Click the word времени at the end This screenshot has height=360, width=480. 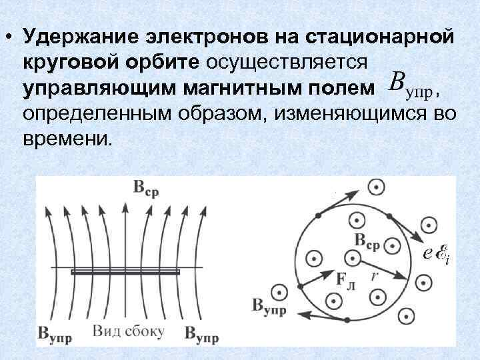[65, 139]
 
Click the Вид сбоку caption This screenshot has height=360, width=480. [125, 331]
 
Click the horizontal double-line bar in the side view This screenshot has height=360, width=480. [125, 272]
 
